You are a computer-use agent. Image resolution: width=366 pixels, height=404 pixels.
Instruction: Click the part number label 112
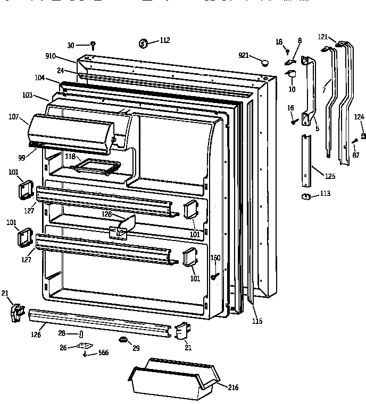(x=165, y=40)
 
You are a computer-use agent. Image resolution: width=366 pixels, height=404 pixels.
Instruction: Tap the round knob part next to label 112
(x=144, y=42)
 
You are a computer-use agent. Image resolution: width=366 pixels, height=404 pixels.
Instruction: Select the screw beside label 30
(x=93, y=45)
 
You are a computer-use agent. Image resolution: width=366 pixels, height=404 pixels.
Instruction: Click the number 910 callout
(x=52, y=56)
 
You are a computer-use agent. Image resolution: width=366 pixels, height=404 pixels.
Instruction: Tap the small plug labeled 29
(x=123, y=340)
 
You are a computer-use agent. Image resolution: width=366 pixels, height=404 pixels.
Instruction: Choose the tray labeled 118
(x=96, y=167)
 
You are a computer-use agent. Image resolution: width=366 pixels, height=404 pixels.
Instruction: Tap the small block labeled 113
(x=306, y=197)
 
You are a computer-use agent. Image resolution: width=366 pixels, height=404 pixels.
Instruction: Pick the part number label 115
(x=257, y=321)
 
